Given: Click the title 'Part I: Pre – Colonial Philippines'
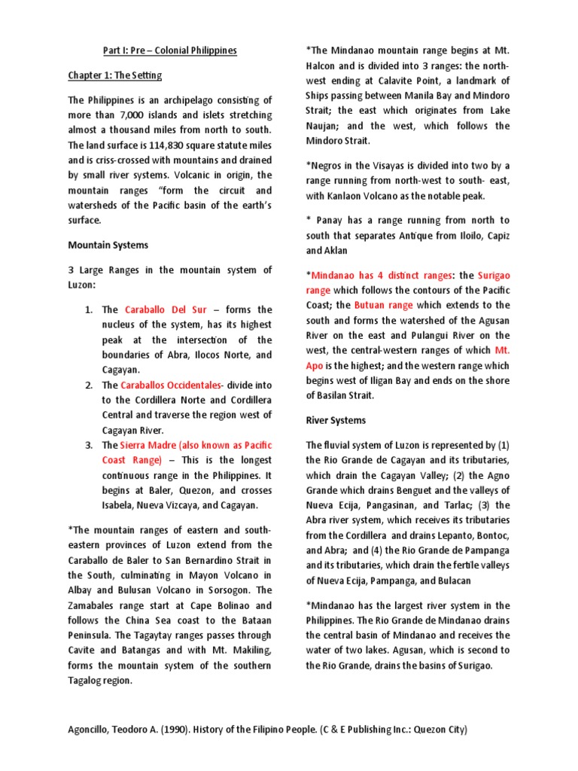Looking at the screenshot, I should [x=169, y=50].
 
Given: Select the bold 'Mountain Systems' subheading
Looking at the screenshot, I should [x=108, y=245].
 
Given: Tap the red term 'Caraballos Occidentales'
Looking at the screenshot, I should [x=172, y=385].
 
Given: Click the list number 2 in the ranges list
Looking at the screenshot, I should [x=88, y=385].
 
